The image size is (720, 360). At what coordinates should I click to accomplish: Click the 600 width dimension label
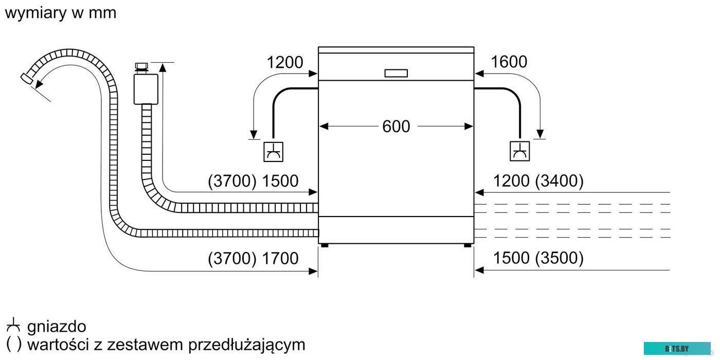pos(396,127)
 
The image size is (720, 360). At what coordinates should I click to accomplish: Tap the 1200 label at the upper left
pos(285,63)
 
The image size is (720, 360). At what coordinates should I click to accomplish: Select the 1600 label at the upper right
pos(509,62)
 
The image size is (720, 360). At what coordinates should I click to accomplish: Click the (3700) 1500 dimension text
pos(253,181)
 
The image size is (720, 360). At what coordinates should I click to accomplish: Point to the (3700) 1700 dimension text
pos(253,258)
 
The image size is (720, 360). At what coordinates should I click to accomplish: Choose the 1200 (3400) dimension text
pos(538,181)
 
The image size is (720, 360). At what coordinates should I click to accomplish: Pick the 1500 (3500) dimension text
pos(538,258)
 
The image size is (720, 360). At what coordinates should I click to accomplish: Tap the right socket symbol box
pos(520,151)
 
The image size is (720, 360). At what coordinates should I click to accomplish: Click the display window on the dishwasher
pos(396,73)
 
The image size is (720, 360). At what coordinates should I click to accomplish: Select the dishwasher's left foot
pos(324,246)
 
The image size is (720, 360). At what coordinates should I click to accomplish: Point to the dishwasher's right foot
pos(467,246)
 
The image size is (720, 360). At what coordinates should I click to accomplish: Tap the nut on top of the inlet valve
pos(140,67)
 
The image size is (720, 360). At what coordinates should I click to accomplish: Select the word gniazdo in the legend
pos(57,327)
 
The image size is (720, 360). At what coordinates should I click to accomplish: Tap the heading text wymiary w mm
pos(61,12)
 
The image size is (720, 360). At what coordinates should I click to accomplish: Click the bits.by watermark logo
pos(677,349)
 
